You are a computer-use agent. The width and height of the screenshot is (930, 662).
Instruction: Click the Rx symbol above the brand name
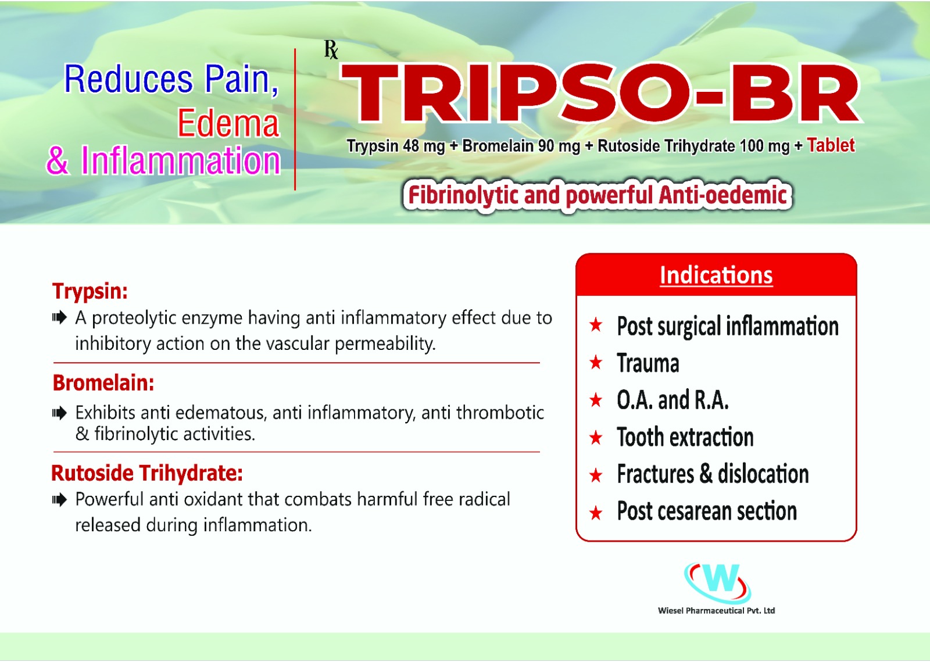[331, 50]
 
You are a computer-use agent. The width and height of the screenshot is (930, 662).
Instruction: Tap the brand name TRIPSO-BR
[600, 94]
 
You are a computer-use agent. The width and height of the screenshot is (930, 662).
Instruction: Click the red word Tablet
[831, 145]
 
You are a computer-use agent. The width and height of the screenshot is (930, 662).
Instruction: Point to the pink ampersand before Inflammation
[58, 160]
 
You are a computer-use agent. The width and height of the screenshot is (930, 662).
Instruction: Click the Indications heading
[716, 275]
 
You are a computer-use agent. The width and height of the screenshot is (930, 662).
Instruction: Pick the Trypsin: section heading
[90, 291]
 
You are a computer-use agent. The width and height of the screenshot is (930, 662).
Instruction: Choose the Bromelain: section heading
[103, 382]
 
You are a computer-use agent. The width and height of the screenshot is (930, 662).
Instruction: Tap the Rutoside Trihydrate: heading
[146, 473]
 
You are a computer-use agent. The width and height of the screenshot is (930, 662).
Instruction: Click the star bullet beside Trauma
[596, 363]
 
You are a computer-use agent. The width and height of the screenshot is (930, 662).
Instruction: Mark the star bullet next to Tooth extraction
[596, 438]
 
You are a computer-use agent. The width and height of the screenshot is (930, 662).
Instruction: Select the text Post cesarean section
[707, 511]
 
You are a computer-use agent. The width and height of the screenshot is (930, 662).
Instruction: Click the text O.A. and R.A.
[673, 400]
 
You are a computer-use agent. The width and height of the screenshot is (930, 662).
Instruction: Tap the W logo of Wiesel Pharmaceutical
[717, 582]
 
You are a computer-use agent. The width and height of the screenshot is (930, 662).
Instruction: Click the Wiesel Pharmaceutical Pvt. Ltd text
[716, 610]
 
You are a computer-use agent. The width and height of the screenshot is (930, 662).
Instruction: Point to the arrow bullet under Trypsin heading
[59, 318]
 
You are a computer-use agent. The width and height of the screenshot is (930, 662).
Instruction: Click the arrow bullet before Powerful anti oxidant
[59, 500]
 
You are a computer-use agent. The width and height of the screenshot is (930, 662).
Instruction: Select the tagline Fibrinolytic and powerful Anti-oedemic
[598, 195]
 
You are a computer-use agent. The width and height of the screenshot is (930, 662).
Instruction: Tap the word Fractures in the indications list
[655, 474]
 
